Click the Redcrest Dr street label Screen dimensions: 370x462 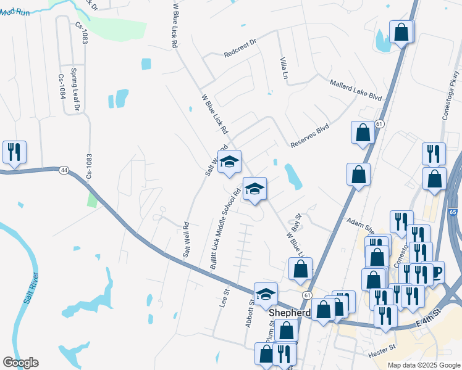tap(240, 50)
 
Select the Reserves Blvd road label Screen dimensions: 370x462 tap(310, 136)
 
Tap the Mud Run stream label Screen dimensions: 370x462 tap(15, 12)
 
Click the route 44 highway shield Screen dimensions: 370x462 tap(64, 170)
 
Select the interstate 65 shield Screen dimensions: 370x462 tap(453, 212)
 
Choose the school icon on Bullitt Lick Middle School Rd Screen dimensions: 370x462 tap(254, 189)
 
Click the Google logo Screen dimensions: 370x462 tap(20, 363)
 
